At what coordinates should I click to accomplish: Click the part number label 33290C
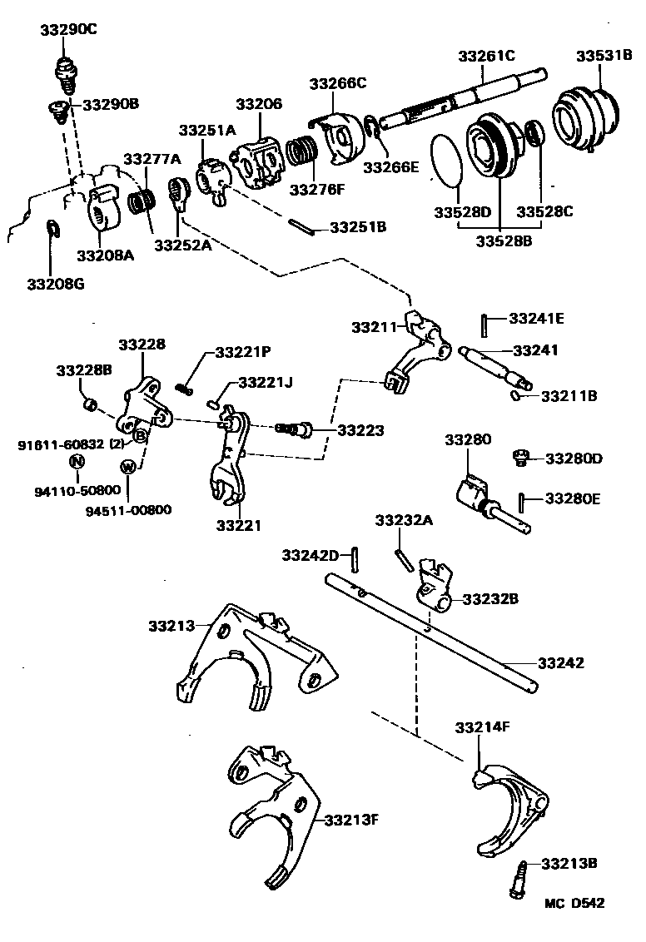(68, 30)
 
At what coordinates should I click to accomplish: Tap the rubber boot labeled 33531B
(588, 117)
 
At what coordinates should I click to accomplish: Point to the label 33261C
(486, 57)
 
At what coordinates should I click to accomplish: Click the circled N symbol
(76, 462)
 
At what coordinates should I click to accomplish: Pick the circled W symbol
(128, 466)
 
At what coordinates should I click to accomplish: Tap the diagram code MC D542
(574, 903)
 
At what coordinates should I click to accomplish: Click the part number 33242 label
(560, 663)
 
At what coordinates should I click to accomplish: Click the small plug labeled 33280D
(519, 456)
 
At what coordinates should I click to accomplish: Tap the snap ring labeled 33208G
(51, 228)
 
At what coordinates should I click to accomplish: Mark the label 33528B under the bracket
(504, 242)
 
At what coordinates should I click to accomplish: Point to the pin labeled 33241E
(484, 320)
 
